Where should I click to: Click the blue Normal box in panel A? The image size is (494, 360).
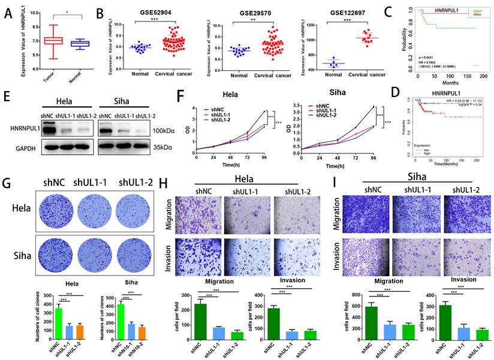[81, 44]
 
